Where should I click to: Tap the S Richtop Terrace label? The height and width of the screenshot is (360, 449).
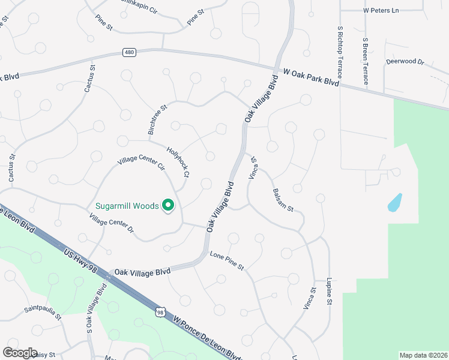[x=340, y=52]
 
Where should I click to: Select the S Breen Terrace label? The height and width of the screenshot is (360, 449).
[x=365, y=61]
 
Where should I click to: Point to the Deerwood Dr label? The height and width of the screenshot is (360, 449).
[x=405, y=62]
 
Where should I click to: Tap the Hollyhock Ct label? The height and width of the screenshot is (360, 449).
[x=178, y=163]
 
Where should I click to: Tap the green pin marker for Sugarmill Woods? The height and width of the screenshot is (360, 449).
[x=169, y=206]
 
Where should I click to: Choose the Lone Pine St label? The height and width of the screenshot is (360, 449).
[x=227, y=260]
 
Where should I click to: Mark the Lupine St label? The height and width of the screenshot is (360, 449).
[x=330, y=292]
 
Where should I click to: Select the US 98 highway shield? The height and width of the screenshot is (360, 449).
[x=160, y=312]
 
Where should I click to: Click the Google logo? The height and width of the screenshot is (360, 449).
[x=20, y=352]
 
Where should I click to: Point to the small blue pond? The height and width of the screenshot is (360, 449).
[x=394, y=202]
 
